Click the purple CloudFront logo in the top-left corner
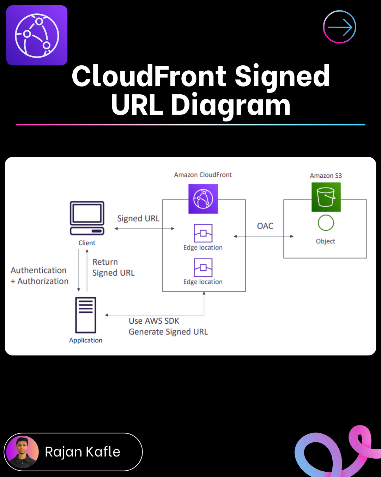point(37,35)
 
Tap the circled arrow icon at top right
point(339,27)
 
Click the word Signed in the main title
point(282,76)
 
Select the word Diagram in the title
point(231,105)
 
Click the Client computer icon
point(87,218)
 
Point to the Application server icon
point(86,315)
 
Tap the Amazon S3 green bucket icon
point(326,197)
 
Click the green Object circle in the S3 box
point(326,223)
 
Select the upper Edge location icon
point(203,233)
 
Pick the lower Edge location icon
point(203,267)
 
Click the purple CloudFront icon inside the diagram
point(203,199)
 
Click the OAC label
point(265,226)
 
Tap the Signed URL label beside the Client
point(138,219)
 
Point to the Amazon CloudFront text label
point(203,175)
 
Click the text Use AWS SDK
point(154,321)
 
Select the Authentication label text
point(39,270)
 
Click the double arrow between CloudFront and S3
point(264,236)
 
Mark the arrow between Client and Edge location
point(145,229)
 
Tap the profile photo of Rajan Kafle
point(23,452)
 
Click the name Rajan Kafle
point(83,452)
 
